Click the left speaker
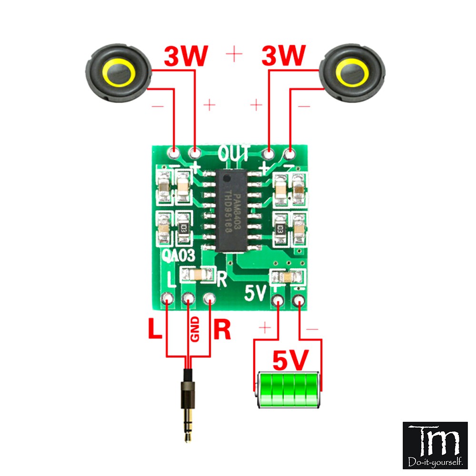coord(118,73)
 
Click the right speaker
coord(352,73)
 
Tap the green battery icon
coord(288,390)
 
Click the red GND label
coord(195,329)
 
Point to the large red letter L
coord(155,328)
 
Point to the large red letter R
coord(222,329)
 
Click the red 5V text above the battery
coord(291,360)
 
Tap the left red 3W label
coord(186,56)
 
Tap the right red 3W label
coord(283,56)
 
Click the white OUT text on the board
coord(234,153)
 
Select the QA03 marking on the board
coord(178,256)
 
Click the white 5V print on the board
coord(255,293)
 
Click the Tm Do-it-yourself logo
coord(435,446)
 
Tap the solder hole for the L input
coord(167,299)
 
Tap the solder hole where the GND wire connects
coord(188,299)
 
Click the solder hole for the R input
coord(209,299)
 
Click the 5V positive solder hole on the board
coord(278,301)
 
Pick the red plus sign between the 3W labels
coord(234,54)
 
